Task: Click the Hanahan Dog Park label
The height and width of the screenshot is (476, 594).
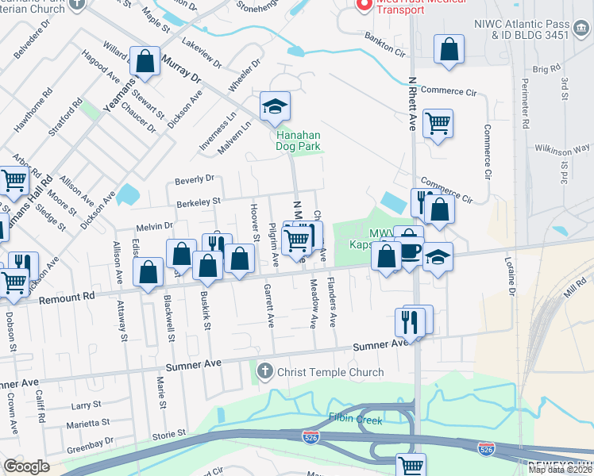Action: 298,140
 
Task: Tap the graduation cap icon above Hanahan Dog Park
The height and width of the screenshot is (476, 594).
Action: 275,107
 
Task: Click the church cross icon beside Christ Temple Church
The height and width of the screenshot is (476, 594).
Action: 264,370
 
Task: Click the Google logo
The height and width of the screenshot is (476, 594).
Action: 26,466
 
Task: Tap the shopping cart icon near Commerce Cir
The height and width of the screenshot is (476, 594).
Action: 438,124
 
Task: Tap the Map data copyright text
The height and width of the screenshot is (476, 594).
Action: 560,470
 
